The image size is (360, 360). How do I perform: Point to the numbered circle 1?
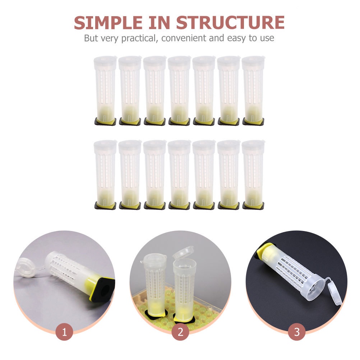click(64, 332)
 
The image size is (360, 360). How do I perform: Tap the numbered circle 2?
click(180, 332)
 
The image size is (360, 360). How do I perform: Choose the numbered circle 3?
click(296, 332)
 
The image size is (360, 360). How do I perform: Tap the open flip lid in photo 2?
click(183, 252)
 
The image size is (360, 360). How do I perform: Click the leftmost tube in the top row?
click(105, 90)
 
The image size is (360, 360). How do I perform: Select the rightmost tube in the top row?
click(253, 90)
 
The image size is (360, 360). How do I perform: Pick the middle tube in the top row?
click(179, 90)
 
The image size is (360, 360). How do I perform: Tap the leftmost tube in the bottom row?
click(105, 174)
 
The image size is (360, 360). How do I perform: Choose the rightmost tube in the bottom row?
click(253, 174)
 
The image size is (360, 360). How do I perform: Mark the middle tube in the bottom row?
click(179, 174)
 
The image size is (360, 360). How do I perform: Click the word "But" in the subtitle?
click(91, 38)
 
